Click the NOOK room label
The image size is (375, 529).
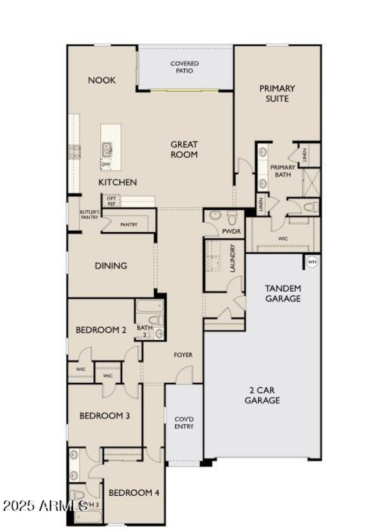pos(102,80)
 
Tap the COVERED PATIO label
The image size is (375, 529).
pos(184,67)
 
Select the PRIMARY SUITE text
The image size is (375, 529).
pos(277,93)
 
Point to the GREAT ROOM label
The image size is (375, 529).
pos(184,149)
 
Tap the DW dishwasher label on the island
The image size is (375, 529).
pos(106,164)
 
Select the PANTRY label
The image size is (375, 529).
pos(129,225)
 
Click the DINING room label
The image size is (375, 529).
pos(111,266)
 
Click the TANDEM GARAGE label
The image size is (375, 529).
pos(283,293)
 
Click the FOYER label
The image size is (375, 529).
pos(183,355)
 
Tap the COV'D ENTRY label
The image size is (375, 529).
pos(184,423)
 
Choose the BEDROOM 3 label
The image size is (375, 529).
pos(105,416)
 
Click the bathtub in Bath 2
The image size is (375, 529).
pos(150,306)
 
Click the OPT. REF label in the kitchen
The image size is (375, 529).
pos(111,200)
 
